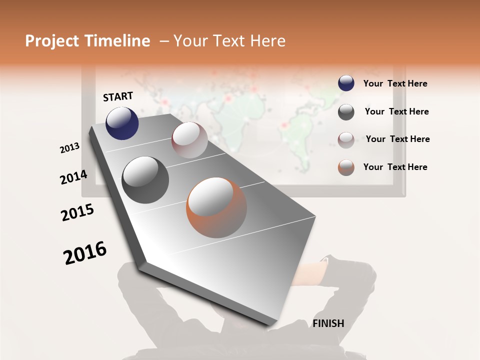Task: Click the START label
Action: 118,96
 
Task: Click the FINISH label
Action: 328,323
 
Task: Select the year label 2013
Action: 70,147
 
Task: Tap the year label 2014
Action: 73,177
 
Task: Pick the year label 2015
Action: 77,212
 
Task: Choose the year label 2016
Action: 85,253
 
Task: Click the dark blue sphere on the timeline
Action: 122,123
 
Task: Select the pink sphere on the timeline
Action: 189,140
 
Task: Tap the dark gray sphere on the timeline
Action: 145,180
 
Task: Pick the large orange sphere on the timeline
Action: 216,207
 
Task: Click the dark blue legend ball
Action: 346,83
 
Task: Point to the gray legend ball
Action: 346,112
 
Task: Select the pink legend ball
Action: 346,140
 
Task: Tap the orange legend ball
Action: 346,167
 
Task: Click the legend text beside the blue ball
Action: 395,83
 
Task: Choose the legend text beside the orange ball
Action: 395,167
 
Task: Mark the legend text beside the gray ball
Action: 396,111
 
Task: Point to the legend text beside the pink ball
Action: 397,139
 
